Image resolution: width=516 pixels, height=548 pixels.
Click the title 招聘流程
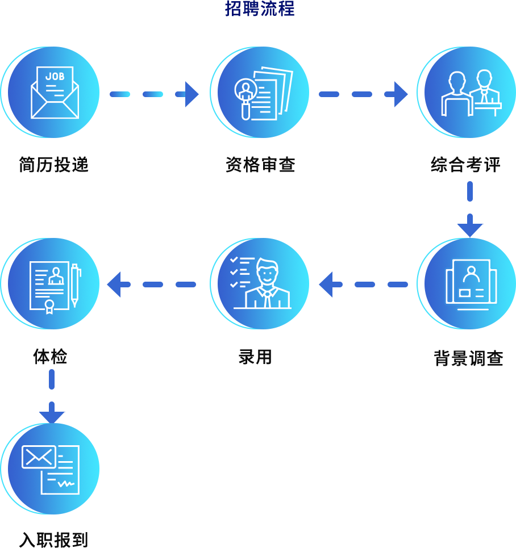tap(260, 9)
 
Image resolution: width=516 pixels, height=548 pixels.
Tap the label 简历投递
tap(53, 165)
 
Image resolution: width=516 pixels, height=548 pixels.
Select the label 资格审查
tap(260, 165)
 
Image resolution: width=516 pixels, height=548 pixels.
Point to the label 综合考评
tap(465, 165)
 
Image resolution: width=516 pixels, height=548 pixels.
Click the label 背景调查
tap(468, 358)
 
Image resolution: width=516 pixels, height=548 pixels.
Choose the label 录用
tap(255, 357)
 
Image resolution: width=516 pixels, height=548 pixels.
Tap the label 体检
tap(50, 357)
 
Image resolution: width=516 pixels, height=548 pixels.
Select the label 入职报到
tap(53, 539)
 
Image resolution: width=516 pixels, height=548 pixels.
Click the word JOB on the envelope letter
tap(55, 76)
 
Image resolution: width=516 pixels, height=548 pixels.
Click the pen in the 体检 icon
tap(74, 285)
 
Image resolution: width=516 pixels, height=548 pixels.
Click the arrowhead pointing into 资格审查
tap(192, 94)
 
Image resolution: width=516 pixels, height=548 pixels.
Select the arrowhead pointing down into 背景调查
tap(470, 229)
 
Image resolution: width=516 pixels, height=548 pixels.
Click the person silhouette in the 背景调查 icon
tap(471, 274)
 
